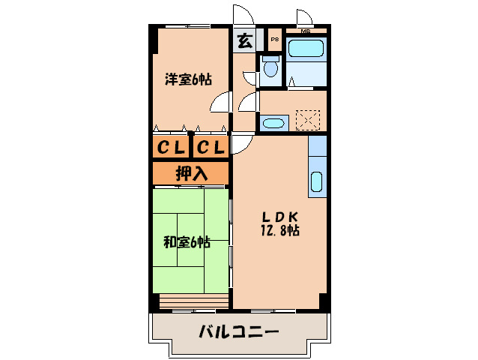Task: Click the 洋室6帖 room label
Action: pyautogui.click(x=188, y=79)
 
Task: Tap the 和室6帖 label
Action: pyautogui.click(x=187, y=242)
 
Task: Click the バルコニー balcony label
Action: pyautogui.click(x=238, y=331)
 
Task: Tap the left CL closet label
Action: pyautogui.click(x=171, y=148)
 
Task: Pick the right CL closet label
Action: pyautogui.click(x=211, y=148)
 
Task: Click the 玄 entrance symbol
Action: pyautogui.click(x=244, y=40)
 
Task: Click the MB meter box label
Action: pyautogui.click(x=306, y=31)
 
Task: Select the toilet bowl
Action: pyautogui.click(x=271, y=67)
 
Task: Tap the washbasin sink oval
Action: pyautogui.click(x=273, y=123)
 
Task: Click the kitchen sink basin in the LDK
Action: pyautogui.click(x=317, y=183)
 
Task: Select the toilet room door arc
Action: pyautogui.click(x=250, y=75)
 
